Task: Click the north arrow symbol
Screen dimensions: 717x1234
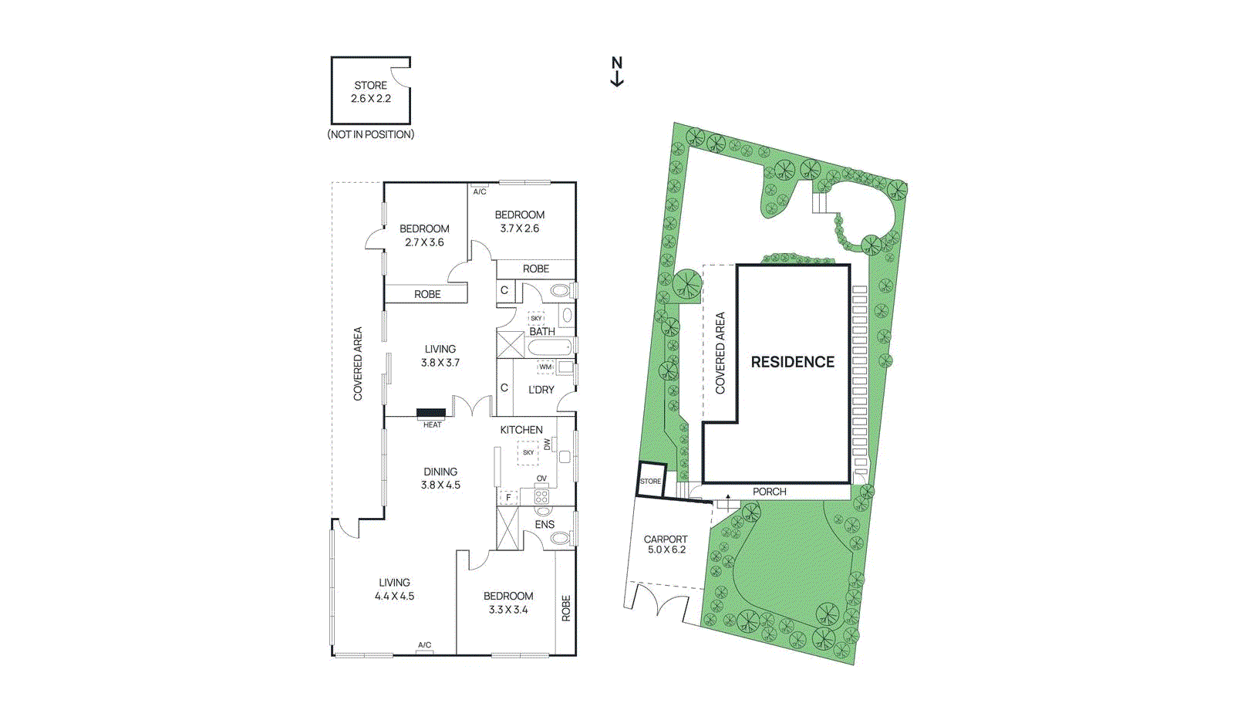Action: (617, 72)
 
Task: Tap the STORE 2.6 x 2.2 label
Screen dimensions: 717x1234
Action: (371, 92)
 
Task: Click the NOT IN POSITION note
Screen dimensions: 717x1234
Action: (371, 134)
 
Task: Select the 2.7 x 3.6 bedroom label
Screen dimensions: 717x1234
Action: (424, 235)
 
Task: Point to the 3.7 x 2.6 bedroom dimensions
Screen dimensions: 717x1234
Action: (520, 228)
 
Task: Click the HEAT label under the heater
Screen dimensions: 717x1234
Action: (432, 425)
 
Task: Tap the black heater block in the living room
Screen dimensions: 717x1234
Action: (430, 414)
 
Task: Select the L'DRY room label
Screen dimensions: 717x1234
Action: (541, 390)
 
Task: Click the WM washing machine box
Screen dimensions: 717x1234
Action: (545, 367)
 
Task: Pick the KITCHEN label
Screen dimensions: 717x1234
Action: (521, 430)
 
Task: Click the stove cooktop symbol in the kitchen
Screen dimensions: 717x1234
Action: (541, 496)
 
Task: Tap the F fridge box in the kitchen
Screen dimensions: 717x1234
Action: (508, 498)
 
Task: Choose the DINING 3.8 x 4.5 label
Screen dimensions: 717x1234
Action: (440, 479)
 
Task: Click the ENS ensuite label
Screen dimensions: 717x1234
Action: (545, 524)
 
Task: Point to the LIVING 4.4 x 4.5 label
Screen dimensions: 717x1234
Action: (394, 589)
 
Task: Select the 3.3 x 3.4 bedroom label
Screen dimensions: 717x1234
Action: (508, 603)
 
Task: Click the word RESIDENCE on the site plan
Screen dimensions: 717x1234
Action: (793, 362)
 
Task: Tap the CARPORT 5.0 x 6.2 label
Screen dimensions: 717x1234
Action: (666, 544)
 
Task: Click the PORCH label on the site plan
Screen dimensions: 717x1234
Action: (769, 492)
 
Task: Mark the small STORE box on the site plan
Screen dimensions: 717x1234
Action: (651, 479)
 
